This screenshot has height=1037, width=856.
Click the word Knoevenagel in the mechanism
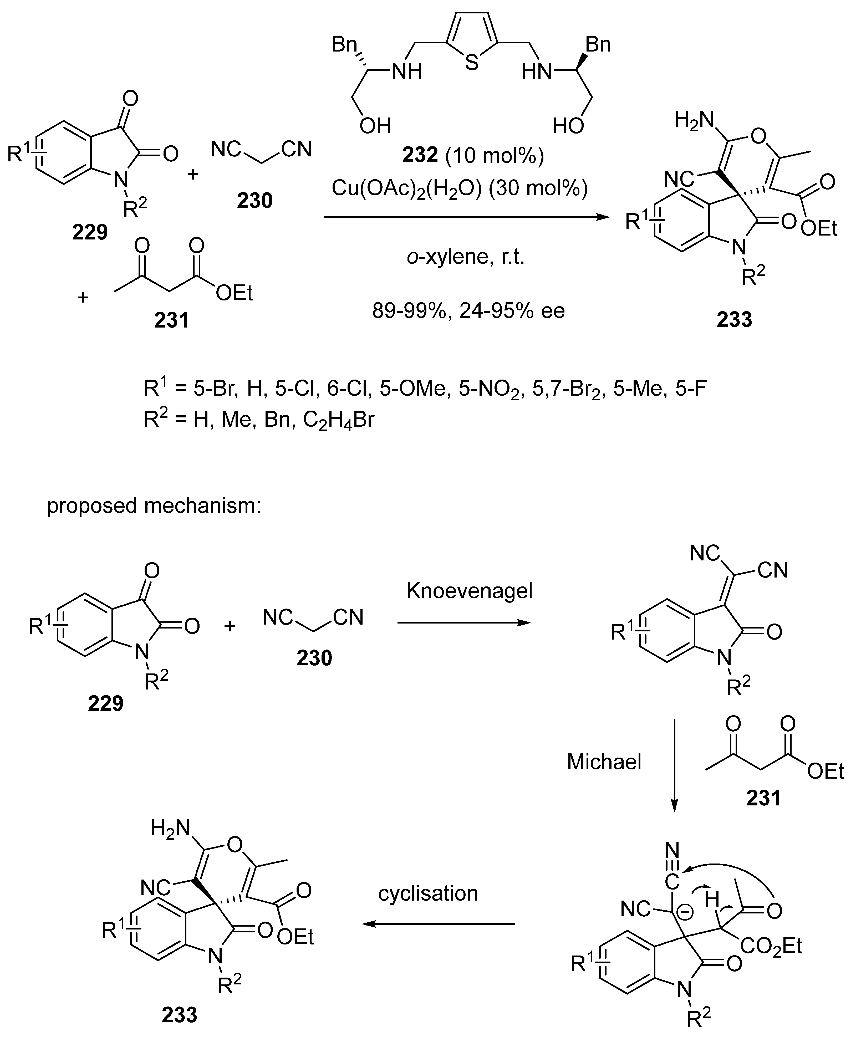pyautogui.click(x=470, y=590)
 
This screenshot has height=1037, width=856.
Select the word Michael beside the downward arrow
pyautogui.click(x=604, y=762)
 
